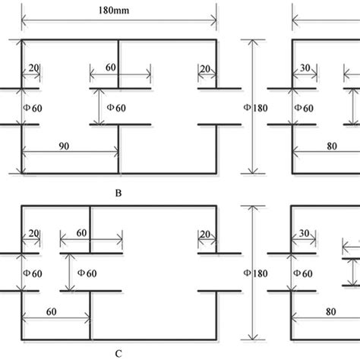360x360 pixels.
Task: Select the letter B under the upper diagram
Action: (118, 193)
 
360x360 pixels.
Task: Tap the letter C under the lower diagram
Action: (118, 353)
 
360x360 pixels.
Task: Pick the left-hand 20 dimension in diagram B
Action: (34, 68)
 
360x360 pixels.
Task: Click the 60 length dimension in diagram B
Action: (111, 68)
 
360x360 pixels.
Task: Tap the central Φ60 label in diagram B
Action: (115, 108)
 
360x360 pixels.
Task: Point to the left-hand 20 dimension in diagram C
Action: (34, 233)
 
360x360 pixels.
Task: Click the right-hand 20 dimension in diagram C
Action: (205, 233)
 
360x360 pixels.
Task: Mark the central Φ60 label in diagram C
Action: (87, 272)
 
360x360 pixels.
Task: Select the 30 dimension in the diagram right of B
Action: (305, 68)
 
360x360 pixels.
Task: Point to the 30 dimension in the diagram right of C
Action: (305, 233)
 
